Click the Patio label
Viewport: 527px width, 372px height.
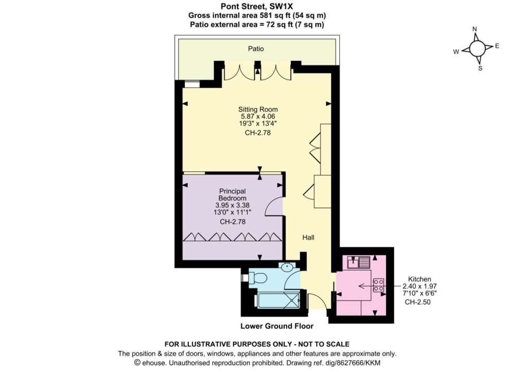pos(256,49)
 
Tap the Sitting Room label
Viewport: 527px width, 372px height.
pos(258,109)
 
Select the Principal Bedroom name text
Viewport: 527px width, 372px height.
pos(233,194)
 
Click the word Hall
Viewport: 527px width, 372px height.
pos(308,237)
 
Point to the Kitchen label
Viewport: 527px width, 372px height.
pos(419,279)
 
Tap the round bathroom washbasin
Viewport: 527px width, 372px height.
pos(287,268)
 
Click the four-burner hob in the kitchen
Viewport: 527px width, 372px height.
pos(378,285)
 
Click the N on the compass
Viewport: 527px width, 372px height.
pos(475,29)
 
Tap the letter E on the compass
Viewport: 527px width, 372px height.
pos(497,46)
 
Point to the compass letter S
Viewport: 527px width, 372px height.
pos(480,68)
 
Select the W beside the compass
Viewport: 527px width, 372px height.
pos(456,52)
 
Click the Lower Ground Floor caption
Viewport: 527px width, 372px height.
pos(277,326)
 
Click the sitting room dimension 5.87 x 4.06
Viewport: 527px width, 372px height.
pos(258,116)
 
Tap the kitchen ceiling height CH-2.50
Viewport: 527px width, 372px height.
pos(417,302)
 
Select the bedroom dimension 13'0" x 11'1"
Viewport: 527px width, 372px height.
pos(233,212)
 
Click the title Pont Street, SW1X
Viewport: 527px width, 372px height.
pos(257,6)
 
